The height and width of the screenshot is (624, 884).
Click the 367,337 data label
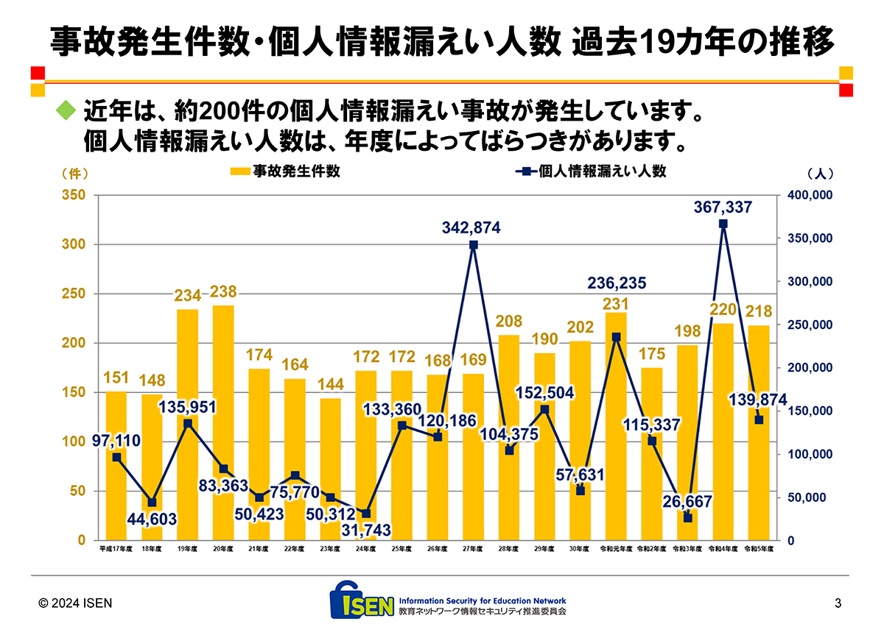(723, 208)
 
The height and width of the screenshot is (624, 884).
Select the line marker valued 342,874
(473, 245)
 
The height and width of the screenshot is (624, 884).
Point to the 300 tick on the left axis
(77, 244)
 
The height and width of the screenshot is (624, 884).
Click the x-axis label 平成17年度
(116, 549)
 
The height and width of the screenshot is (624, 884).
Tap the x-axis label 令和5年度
(758, 549)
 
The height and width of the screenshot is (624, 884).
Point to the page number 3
(838, 603)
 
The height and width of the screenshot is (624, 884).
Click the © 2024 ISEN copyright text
(75, 603)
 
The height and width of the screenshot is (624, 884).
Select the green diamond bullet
(66, 112)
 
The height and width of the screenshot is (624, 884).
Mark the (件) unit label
(74, 174)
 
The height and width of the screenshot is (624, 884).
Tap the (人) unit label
(820, 174)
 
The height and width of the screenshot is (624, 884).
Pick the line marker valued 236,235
(616, 337)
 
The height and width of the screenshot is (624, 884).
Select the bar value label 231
(616, 303)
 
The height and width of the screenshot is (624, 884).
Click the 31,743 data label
(366, 530)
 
